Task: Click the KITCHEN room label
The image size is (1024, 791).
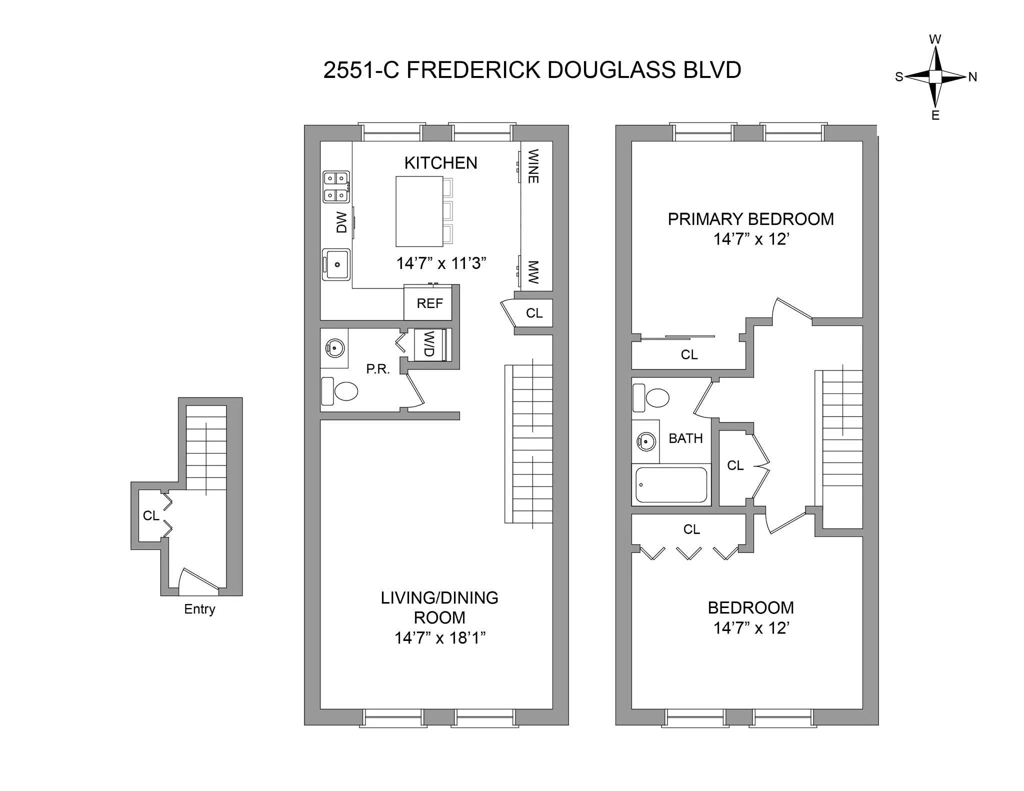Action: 440,163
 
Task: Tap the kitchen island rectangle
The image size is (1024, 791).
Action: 419,211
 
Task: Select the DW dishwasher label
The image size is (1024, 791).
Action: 341,222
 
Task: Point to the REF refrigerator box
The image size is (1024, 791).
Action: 429,303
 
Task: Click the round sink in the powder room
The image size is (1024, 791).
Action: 334,346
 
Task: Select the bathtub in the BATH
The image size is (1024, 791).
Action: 671,484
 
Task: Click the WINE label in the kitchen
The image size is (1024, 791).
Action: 533,166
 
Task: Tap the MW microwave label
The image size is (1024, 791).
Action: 533,272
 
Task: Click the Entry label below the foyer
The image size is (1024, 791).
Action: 199,609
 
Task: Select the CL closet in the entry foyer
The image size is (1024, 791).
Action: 150,515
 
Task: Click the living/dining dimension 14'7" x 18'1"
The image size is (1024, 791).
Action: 440,638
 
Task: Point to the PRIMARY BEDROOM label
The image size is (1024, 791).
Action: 750,219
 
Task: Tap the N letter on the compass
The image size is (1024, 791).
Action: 972,77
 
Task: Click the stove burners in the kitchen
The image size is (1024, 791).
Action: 335,186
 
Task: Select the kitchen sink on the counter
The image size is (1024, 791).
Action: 335,264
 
